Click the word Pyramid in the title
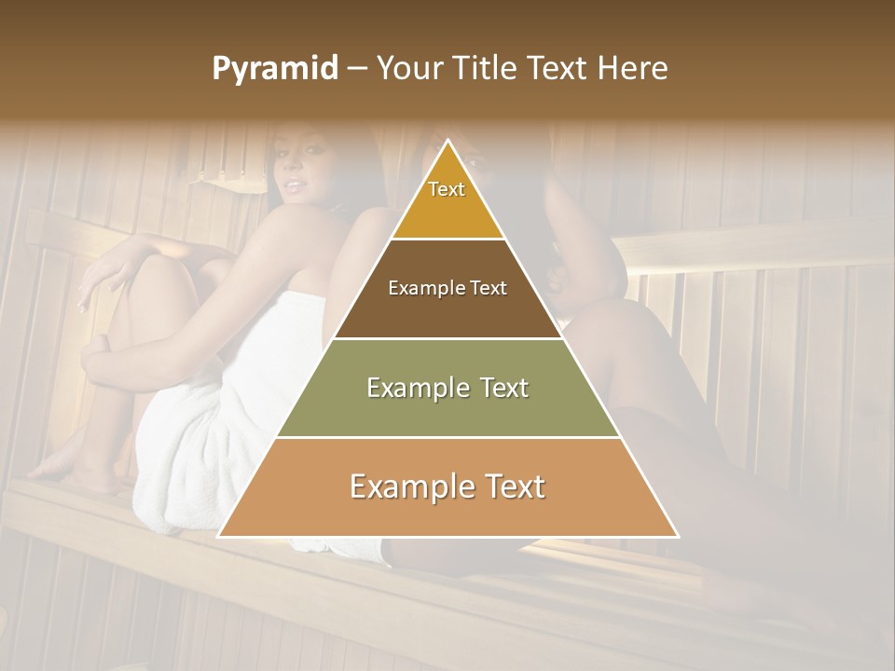(x=274, y=69)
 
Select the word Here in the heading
(x=634, y=69)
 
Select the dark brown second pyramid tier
(x=447, y=289)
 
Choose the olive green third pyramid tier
(x=447, y=388)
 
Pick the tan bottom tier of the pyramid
(x=447, y=487)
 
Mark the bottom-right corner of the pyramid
(x=677, y=536)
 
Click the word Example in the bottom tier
(x=411, y=487)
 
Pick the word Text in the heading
(x=558, y=69)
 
